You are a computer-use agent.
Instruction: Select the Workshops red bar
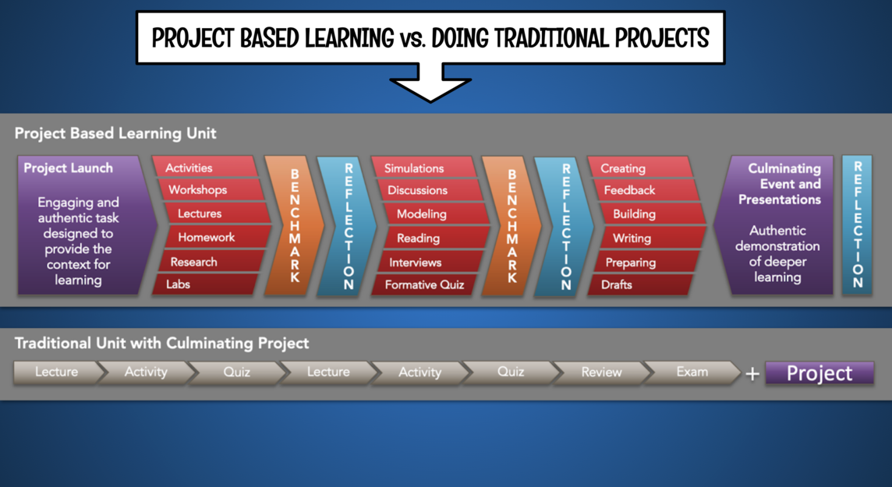211,190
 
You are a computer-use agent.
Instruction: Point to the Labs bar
205,284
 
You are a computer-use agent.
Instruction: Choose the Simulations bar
424,168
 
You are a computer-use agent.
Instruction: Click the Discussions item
430,190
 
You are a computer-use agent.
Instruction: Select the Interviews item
430,263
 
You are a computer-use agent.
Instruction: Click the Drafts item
641,284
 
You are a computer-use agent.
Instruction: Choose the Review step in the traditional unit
601,372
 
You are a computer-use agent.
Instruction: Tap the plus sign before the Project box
752,374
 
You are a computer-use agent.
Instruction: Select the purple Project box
819,372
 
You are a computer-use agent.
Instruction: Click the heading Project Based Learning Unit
115,133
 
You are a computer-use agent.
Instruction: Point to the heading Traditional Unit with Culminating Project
161,343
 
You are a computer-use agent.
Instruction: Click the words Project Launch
69,168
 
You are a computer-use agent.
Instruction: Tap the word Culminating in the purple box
784,169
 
